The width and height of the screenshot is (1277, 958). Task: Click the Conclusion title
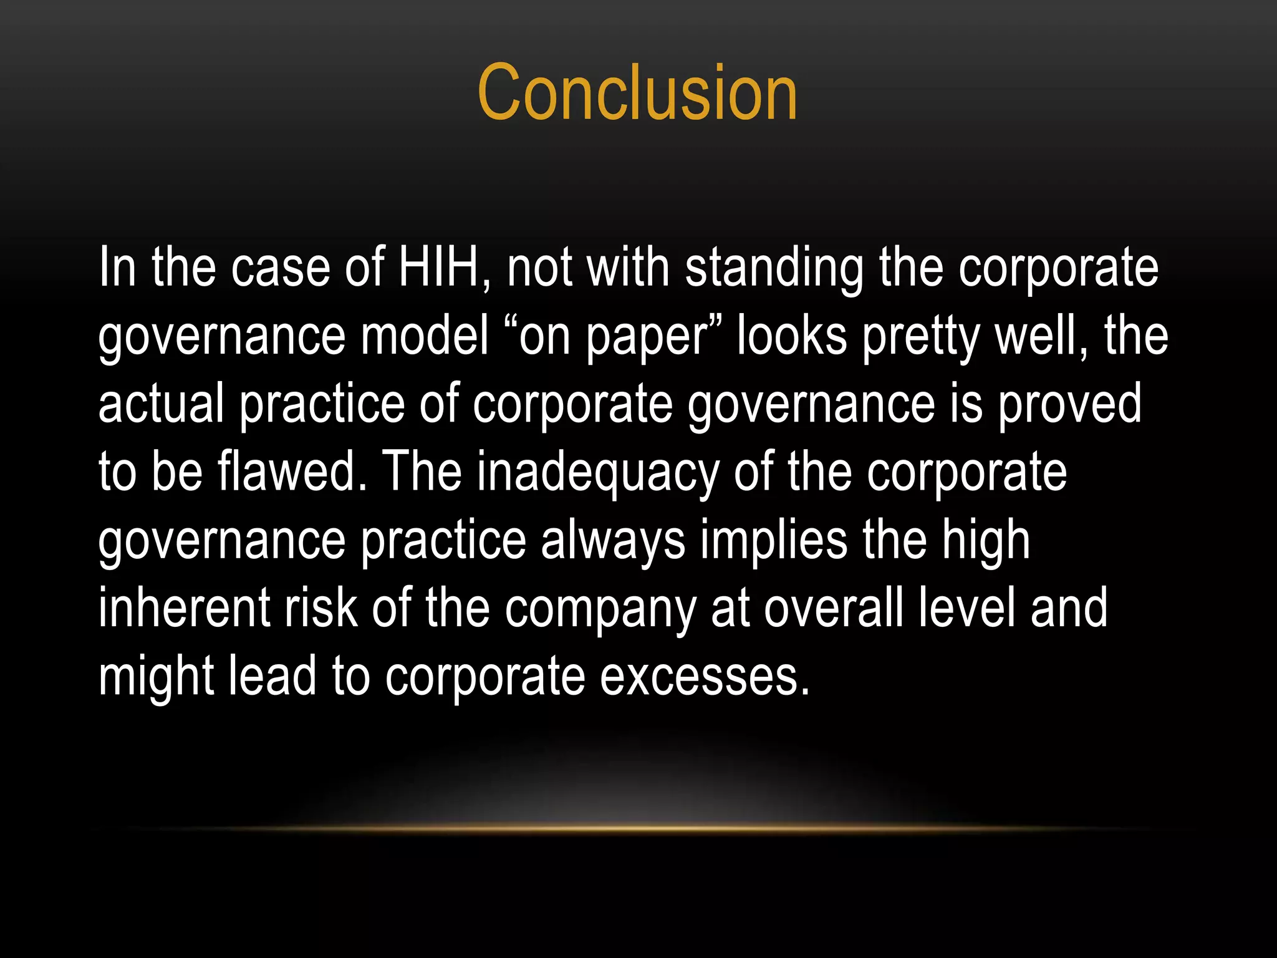click(637, 94)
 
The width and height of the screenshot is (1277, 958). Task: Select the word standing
click(774, 268)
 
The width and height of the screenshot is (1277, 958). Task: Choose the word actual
click(161, 404)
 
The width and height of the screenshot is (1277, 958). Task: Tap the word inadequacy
click(598, 473)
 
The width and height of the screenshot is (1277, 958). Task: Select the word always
click(613, 541)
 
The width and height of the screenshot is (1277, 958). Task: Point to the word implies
click(774, 541)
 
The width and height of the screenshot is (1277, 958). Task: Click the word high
click(985, 541)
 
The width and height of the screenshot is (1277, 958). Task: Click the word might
click(156, 677)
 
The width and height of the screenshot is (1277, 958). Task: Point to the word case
click(280, 268)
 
